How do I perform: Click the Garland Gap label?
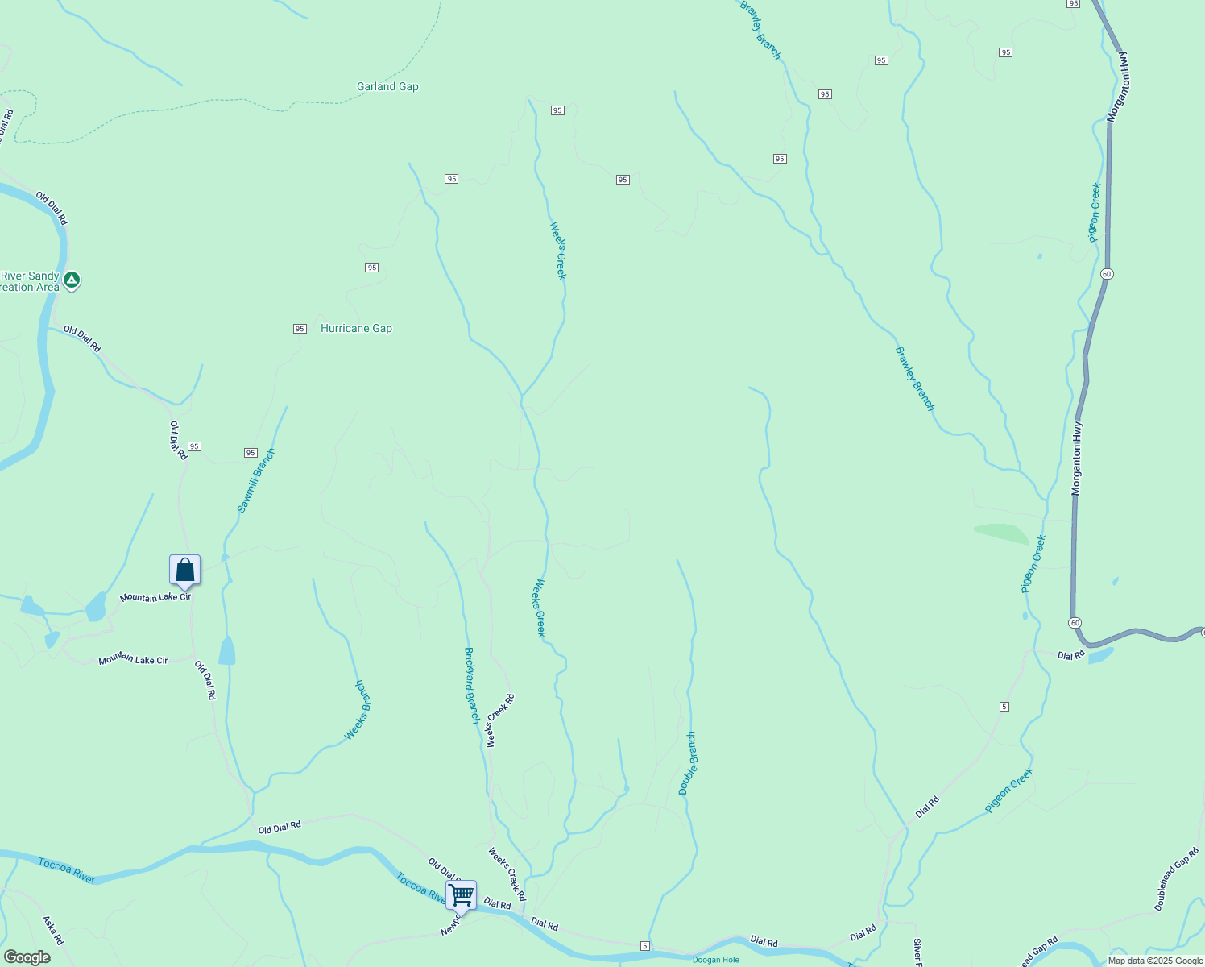click(387, 87)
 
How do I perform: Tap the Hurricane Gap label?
click(356, 329)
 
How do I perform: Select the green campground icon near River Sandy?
click(72, 280)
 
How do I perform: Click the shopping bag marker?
click(184, 571)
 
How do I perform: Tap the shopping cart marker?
click(461, 894)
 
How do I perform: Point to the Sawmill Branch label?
click(256, 480)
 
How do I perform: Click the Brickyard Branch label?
click(472, 685)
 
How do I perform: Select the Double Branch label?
click(687, 763)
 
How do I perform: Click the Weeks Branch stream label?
click(358, 710)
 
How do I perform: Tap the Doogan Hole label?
click(715, 960)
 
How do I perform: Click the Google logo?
click(27, 957)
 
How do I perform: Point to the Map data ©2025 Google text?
click(1155, 961)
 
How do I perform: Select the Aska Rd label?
click(52, 930)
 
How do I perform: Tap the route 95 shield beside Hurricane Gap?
click(300, 329)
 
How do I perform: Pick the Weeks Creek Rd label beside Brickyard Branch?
click(500, 720)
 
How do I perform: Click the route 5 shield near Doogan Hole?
click(644, 945)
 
